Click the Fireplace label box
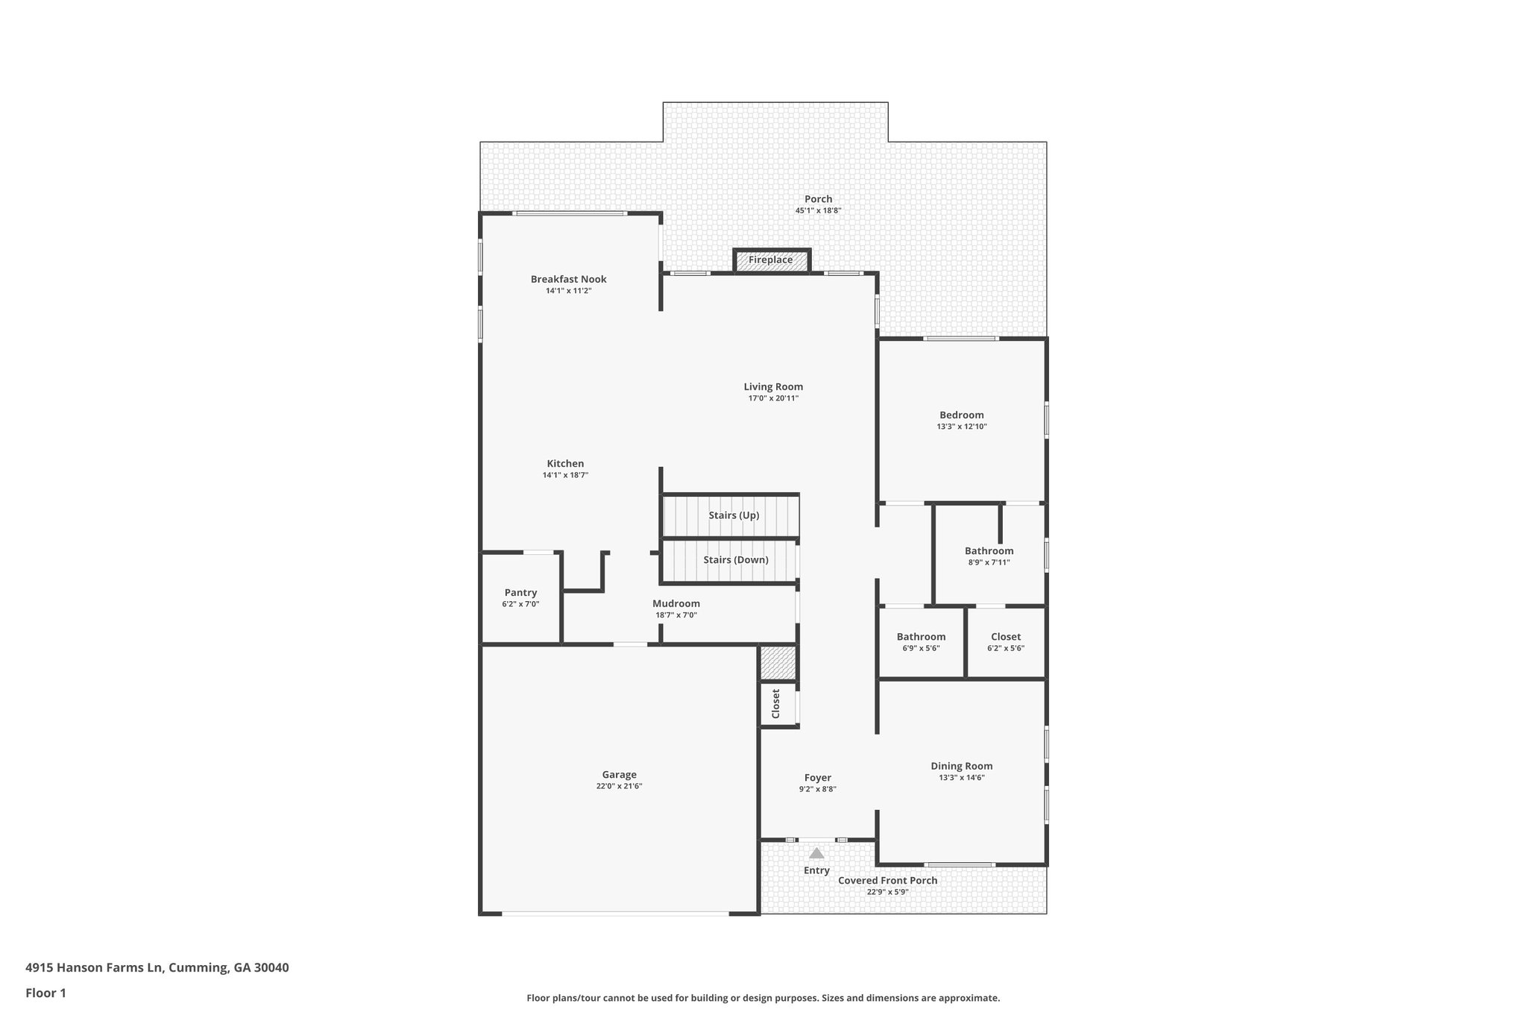pyautogui.click(x=771, y=260)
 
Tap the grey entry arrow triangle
pyautogui.click(x=817, y=853)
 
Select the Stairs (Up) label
pyautogui.click(x=734, y=515)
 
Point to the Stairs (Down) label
pyautogui.click(x=736, y=560)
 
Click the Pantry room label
pyautogui.click(x=520, y=593)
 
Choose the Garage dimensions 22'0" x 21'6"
pyautogui.click(x=619, y=786)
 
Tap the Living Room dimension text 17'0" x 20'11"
pyautogui.click(x=773, y=398)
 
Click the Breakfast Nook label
pyautogui.click(x=569, y=279)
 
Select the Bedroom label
pyautogui.click(x=962, y=415)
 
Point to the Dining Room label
pyautogui.click(x=962, y=766)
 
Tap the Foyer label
pyautogui.click(x=818, y=778)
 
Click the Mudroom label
pyautogui.click(x=676, y=604)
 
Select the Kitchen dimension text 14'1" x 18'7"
pyautogui.click(x=565, y=475)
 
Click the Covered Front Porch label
pyautogui.click(x=887, y=881)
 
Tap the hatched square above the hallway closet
pyautogui.click(x=778, y=663)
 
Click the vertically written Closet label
pyautogui.click(x=775, y=703)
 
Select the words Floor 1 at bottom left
pyautogui.click(x=46, y=993)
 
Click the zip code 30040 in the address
pyautogui.click(x=271, y=968)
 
